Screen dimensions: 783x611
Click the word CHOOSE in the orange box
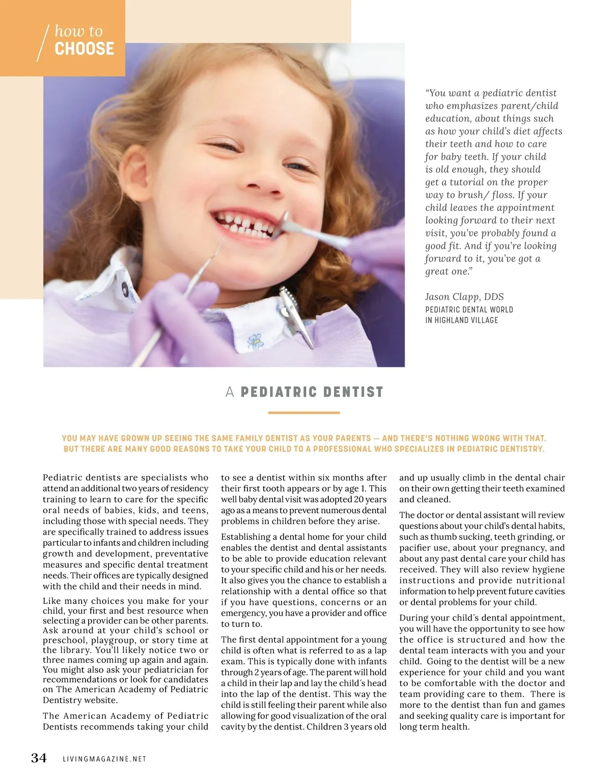click(85, 49)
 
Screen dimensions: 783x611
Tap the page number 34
click(39, 758)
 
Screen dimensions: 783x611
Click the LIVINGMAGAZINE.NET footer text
click(104, 759)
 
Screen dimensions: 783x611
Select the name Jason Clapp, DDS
click(464, 297)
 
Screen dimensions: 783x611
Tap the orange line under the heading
click(303, 413)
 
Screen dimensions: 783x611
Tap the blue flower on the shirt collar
click(254, 342)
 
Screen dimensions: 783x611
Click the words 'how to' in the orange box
click(78, 32)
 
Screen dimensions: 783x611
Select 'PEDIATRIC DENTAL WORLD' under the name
click(469, 310)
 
